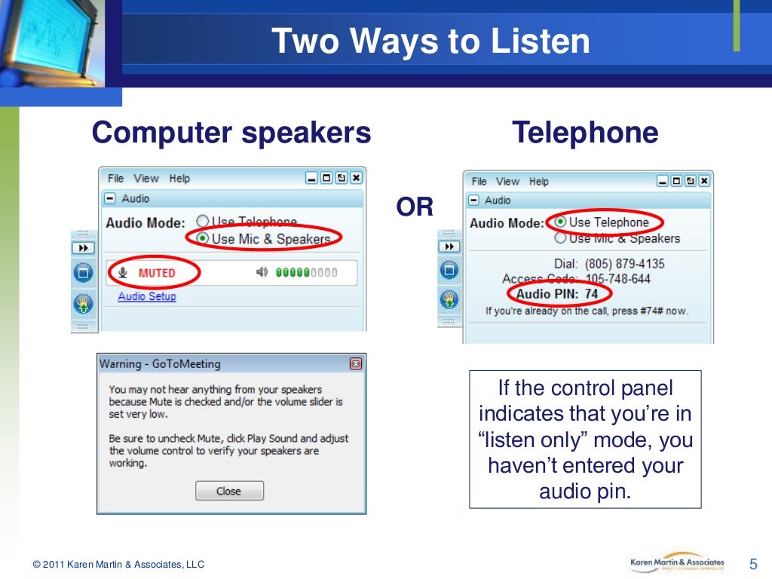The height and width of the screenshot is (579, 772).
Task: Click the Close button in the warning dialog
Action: click(x=229, y=491)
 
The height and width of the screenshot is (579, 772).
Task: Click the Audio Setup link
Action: click(x=147, y=296)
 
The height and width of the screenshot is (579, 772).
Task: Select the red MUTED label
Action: click(x=157, y=273)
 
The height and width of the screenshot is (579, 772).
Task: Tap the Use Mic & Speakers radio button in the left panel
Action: click(x=203, y=238)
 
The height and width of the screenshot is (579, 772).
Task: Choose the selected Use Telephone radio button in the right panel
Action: click(x=560, y=222)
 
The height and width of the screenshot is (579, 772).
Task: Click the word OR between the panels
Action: click(x=415, y=207)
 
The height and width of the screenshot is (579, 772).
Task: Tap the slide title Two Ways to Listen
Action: click(x=430, y=41)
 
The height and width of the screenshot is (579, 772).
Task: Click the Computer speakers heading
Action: click(x=231, y=133)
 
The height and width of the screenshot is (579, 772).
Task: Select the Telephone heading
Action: click(x=585, y=133)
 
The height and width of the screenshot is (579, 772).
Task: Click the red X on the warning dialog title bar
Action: click(x=356, y=364)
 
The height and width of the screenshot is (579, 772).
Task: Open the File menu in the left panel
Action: click(x=115, y=179)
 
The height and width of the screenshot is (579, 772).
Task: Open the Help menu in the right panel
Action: click(x=538, y=181)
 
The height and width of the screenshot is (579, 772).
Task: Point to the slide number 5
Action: click(x=752, y=564)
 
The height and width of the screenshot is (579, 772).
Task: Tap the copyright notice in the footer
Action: click(x=118, y=565)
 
